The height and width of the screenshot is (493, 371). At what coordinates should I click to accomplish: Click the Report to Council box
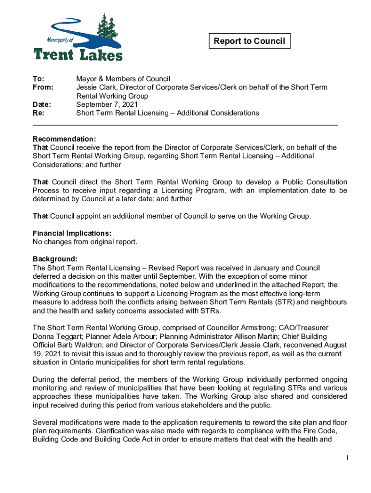(x=249, y=41)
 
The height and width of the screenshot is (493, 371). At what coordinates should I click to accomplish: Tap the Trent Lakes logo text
(x=78, y=53)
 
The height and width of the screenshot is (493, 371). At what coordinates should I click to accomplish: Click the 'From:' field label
(x=42, y=88)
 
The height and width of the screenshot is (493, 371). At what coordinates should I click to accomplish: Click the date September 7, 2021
(x=107, y=104)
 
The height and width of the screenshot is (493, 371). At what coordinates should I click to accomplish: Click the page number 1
(x=346, y=458)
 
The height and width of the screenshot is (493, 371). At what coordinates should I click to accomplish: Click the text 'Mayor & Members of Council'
(x=123, y=79)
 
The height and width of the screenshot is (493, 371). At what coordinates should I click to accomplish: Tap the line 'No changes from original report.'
(x=85, y=242)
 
